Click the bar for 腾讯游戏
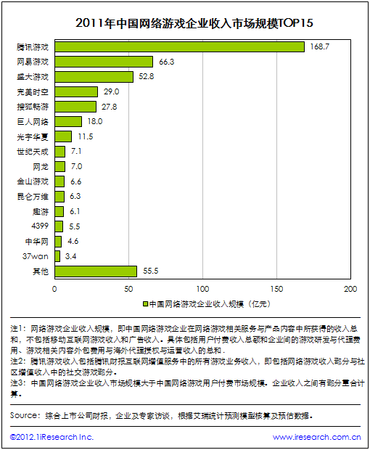(x=179, y=46)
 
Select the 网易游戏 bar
(x=104, y=62)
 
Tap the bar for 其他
(x=96, y=271)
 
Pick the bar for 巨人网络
(x=68, y=121)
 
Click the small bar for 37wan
(x=57, y=256)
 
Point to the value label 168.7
(x=320, y=46)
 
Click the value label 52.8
(x=147, y=76)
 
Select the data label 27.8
(x=110, y=107)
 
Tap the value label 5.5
(x=75, y=226)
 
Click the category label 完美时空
(x=33, y=92)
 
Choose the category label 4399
(x=40, y=226)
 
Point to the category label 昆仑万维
(x=33, y=197)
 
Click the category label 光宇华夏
(x=33, y=136)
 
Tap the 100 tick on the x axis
(x=203, y=289)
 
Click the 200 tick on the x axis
(x=350, y=289)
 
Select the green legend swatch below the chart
(x=145, y=304)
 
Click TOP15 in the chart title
(x=296, y=23)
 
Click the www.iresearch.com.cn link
(x=316, y=437)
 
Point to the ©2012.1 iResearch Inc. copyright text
(x=52, y=437)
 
